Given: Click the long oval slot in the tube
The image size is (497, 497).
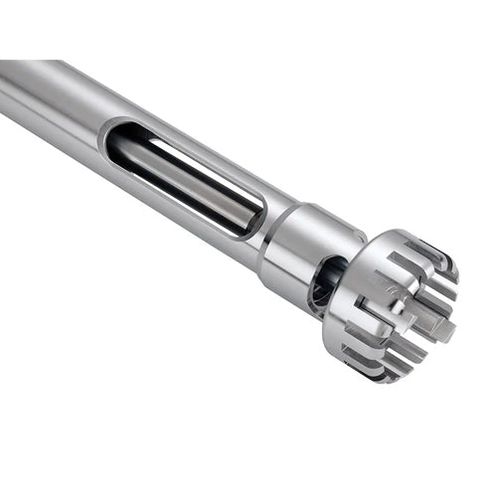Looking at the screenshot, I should pyautogui.click(x=184, y=177).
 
